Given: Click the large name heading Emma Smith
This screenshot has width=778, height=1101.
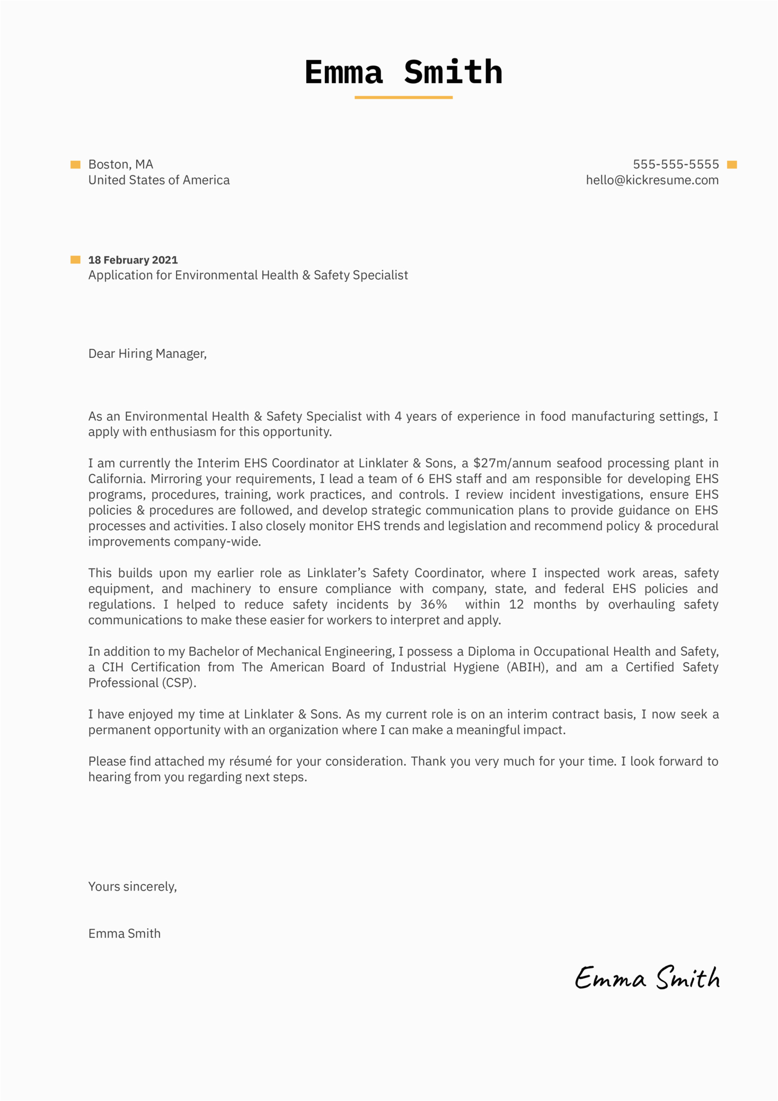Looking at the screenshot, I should pos(403,72).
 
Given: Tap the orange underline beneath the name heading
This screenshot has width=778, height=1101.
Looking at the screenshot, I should pos(403,98).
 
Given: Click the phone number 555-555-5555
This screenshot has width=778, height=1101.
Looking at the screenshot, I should pos(676,164).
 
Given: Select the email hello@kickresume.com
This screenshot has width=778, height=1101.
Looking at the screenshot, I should pos(652,180).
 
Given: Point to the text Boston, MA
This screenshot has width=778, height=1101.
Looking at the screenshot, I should pos(120,164).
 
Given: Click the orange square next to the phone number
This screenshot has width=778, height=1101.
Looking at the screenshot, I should pos(732,165).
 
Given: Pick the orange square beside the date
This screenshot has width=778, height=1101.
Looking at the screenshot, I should pos(75,260).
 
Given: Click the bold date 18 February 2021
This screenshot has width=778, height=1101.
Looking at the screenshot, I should pos(133,260).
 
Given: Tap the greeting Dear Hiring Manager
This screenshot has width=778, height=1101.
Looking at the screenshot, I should pos(147,354).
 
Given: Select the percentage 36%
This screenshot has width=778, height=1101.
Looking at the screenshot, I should pos(434,604).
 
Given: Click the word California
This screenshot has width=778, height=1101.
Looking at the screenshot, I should pos(116,479).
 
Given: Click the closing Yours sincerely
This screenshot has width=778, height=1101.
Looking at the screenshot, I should pos(132,886).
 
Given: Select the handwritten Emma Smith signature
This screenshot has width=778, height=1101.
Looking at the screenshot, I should pos(647,978).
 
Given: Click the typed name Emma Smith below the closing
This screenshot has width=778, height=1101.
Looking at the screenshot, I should pos(124,933).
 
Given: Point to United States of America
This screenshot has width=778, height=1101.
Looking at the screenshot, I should pos(159,180).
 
